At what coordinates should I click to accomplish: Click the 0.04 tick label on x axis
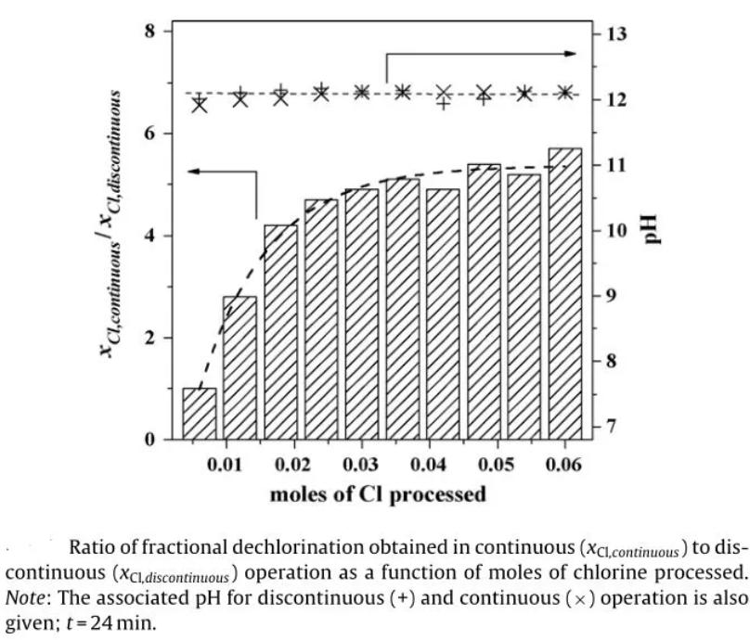click(x=434, y=463)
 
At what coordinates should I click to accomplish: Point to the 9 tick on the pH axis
click(x=613, y=296)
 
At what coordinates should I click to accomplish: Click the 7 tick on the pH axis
click(x=613, y=427)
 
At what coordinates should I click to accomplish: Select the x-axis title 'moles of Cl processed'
click(x=378, y=493)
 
